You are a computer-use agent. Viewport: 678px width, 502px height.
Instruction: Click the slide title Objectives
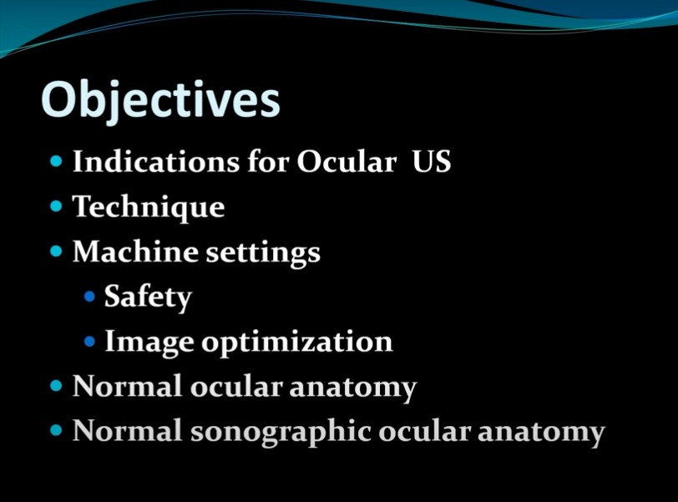[161, 102]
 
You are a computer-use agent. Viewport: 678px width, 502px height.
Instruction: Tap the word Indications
[156, 161]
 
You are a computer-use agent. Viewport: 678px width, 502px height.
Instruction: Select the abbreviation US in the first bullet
[431, 161]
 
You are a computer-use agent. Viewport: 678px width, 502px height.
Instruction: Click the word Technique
[149, 207]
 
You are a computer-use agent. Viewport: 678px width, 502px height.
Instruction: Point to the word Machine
[135, 251]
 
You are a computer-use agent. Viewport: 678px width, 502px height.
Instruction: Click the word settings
[263, 252]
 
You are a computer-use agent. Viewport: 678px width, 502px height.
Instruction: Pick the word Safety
[148, 298]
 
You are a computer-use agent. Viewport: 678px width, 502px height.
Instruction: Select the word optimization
[297, 342]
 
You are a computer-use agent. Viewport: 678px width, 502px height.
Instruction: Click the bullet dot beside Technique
[56, 205]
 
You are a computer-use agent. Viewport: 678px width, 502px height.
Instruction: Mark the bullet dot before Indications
[56, 161]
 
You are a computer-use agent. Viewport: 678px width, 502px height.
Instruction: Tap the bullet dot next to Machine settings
[56, 251]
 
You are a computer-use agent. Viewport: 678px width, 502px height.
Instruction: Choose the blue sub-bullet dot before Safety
[89, 297]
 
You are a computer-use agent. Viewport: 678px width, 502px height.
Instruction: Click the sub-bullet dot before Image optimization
[89, 342]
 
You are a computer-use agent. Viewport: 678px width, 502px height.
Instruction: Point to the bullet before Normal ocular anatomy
[56, 385]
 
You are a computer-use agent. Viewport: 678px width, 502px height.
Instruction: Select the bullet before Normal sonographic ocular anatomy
[56, 430]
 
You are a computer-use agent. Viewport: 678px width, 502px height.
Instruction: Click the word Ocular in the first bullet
[347, 161]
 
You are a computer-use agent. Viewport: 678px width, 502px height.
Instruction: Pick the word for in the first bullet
[268, 161]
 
